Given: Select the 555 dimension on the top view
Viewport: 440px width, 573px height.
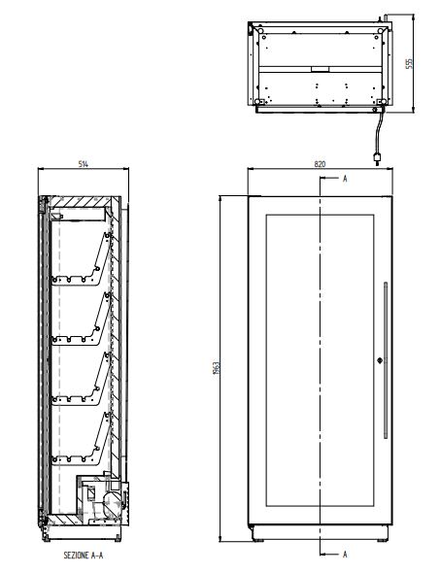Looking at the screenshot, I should click(x=409, y=62).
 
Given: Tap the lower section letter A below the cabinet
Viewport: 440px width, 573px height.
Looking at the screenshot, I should click(x=345, y=555).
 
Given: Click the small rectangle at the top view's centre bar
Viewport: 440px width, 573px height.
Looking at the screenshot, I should click(x=320, y=69).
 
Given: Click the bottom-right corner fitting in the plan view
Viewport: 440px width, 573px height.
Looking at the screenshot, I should click(x=382, y=99).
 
